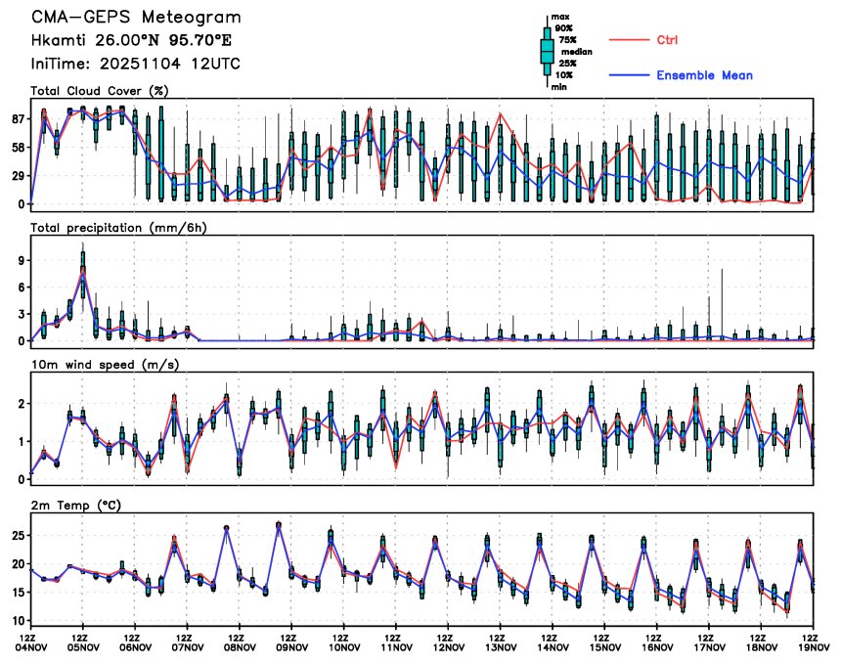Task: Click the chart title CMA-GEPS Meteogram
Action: click(x=135, y=19)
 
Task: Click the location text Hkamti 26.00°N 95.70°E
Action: click(x=131, y=41)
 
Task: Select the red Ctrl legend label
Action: click(x=667, y=40)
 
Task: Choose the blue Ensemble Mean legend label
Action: click(x=704, y=75)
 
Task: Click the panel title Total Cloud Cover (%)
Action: click(x=100, y=91)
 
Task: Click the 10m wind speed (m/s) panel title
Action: click(x=102, y=365)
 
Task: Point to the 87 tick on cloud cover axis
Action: click(x=18, y=119)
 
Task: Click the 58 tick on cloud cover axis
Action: click(x=18, y=147)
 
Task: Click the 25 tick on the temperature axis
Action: click(x=18, y=536)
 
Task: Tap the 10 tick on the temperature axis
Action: click(x=18, y=620)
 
